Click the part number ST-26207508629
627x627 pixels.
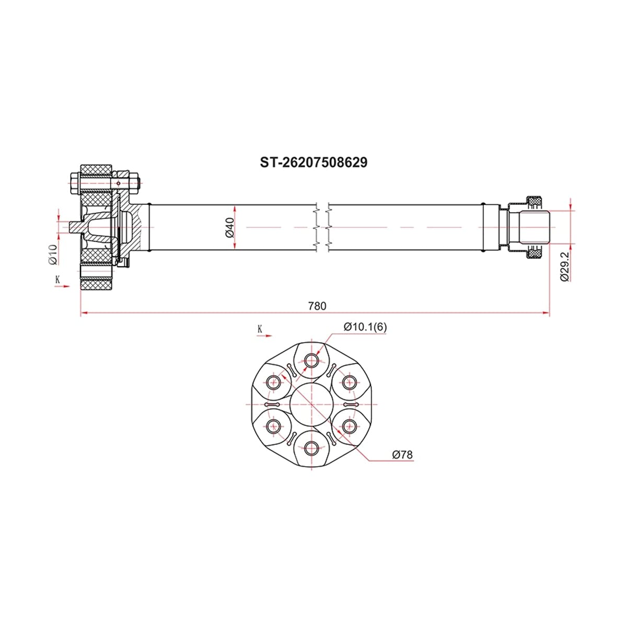click(x=313, y=162)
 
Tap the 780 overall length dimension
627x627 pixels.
click(x=317, y=306)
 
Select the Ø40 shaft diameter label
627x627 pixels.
click(x=229, y=227)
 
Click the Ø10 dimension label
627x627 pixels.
click(x=53, y=254)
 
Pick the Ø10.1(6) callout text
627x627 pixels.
click(x=365, y=327)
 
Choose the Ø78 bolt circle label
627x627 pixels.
click(x=402, y=455)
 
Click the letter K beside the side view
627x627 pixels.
click(x=58, y=280)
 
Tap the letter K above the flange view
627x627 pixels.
click(x=260, y=329)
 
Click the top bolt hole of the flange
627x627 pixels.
click(x=311, y=360)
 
